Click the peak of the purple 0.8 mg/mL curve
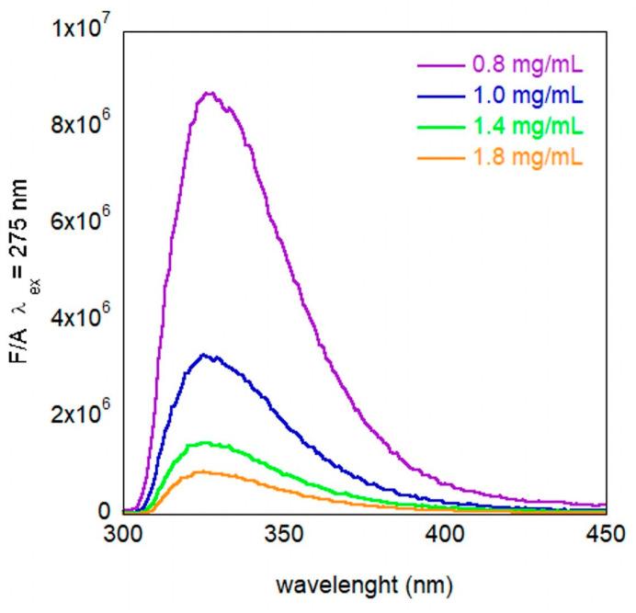coord(209,93)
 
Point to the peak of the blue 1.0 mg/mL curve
coord(206,355)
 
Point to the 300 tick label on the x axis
coord(122,533)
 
